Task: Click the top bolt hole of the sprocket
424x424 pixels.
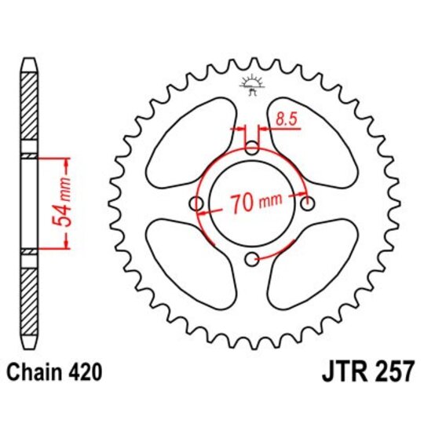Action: pos(251,148)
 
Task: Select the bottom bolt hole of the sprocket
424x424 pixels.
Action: pos(251,260)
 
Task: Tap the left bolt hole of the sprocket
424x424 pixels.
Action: pos(195,204)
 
